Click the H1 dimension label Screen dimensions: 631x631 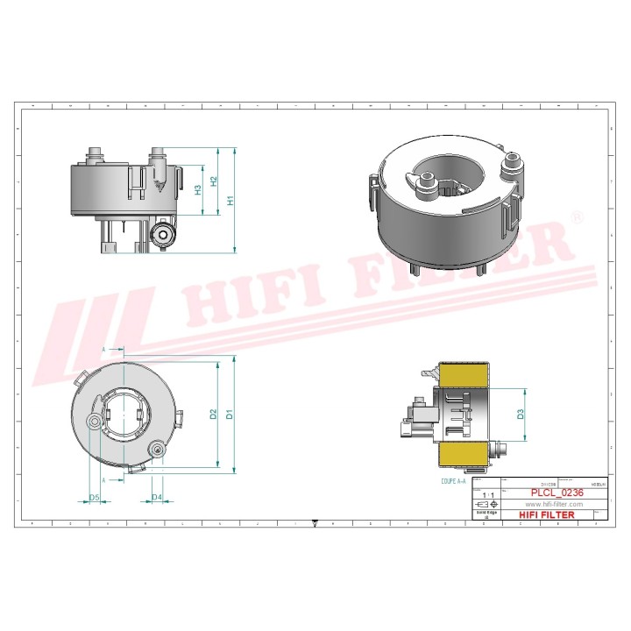230,200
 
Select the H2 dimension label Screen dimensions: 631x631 214,181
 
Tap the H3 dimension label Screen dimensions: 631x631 198,189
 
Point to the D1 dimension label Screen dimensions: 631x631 229,413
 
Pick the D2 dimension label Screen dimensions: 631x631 213,413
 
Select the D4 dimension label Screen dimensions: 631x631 157,498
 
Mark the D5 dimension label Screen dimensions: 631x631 95,498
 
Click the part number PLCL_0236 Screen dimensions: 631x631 557,493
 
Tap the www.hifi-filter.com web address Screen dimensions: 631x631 554,505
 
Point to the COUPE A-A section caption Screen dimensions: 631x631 457,481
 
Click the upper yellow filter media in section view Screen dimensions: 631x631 462,374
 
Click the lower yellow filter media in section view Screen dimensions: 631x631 462,454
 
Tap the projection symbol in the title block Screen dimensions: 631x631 486,505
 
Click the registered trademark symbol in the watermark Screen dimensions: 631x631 576,216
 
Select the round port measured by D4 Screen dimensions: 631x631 158,450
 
